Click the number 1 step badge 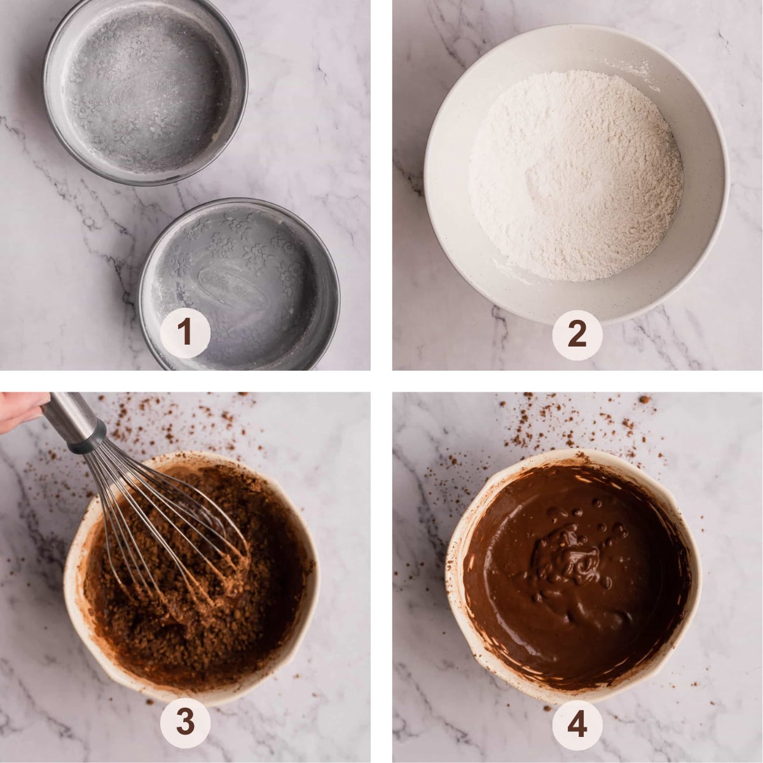coord(184,331)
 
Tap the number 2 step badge coord(577,334)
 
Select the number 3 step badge coord(184,722)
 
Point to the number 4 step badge coord(577,724)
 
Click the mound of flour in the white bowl coord(575,175)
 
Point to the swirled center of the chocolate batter coord(566,553)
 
